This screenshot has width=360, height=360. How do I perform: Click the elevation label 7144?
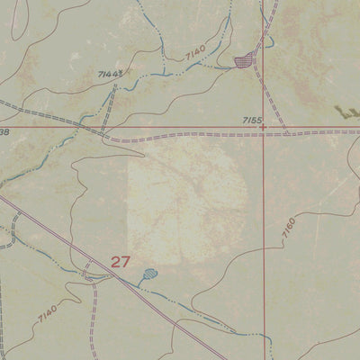(109, 72)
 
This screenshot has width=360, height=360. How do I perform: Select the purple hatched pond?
(243, 61)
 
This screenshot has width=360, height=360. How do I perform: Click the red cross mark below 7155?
(264, 128)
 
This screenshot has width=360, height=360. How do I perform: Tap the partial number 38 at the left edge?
(4, 131)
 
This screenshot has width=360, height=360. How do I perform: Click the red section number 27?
(121, 262)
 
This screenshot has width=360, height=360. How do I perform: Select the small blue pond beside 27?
(148, 274)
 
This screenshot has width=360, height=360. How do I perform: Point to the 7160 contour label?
(288, 233)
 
